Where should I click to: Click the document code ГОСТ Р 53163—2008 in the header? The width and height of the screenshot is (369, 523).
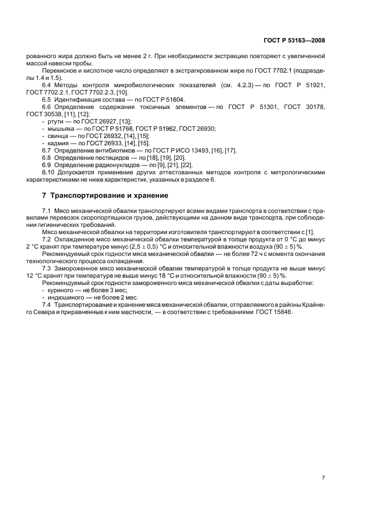coord(294,41)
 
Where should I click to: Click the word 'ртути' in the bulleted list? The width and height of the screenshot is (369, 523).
coord(55,121)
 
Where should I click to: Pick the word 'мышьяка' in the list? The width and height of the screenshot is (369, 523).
coord(60,129)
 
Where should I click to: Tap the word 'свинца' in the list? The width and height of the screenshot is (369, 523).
coord(57,136)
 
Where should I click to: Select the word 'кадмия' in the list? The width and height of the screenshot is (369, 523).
coord(57,143)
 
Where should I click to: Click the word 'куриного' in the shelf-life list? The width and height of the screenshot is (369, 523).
coord(60,289)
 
